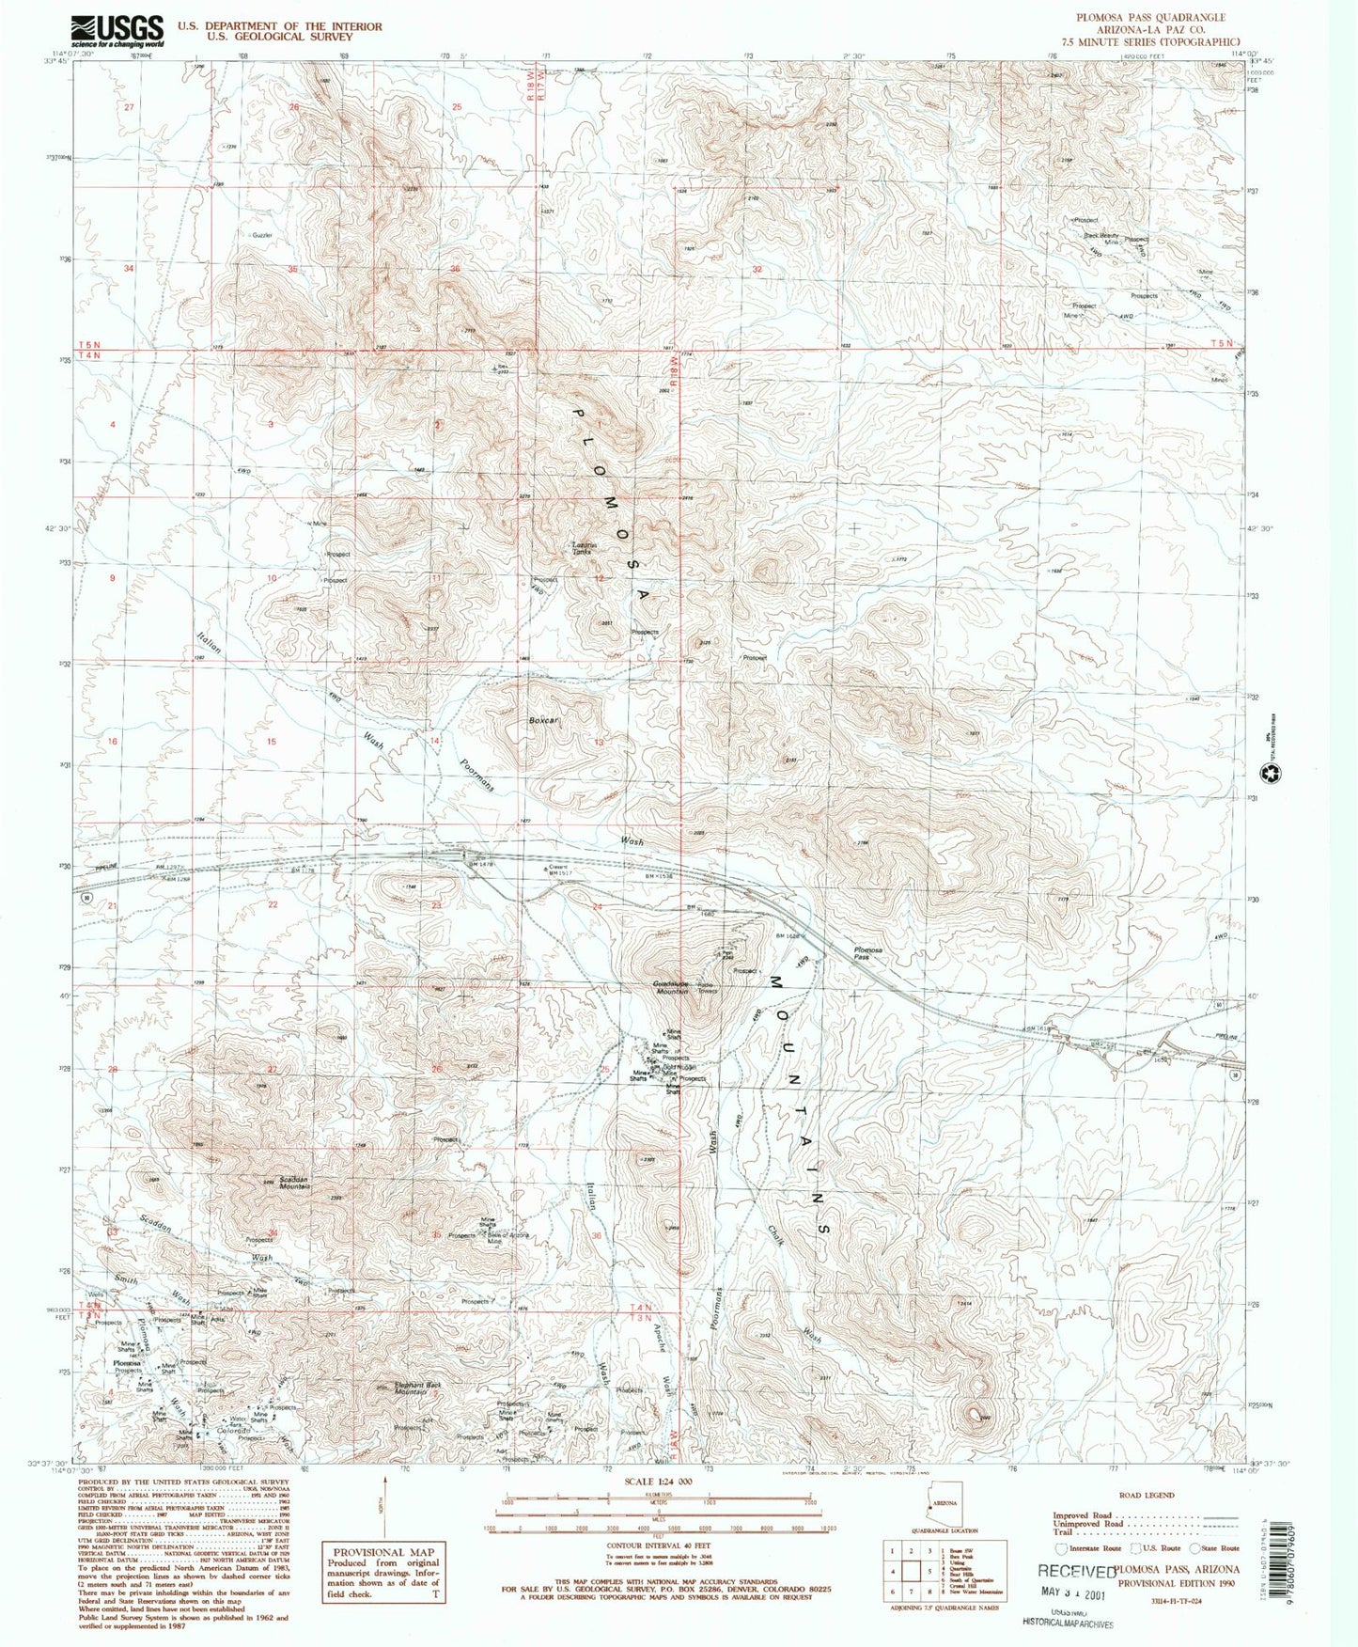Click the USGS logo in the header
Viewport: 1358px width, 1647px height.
pos(118,31)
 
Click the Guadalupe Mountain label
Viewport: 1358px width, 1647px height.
pos(671,986)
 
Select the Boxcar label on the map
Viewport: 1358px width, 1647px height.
pos(543,721)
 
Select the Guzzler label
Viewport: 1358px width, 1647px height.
pos(261,235)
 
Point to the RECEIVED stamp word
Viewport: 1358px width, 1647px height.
pos(1075,1571)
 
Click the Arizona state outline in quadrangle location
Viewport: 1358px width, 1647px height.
pos(943,1507)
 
